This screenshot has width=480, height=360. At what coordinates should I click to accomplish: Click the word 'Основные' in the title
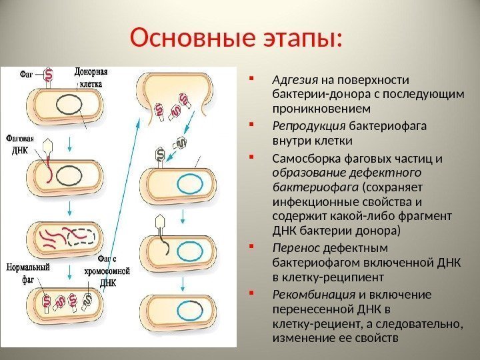coord(189,38)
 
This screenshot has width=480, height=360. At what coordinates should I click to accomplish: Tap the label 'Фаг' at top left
coord(29,75)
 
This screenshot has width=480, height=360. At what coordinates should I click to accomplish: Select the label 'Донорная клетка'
coord(91,77)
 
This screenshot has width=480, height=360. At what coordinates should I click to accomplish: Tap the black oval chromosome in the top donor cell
coord(67,105)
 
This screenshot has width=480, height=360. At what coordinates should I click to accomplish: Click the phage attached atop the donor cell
coord(49,77)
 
